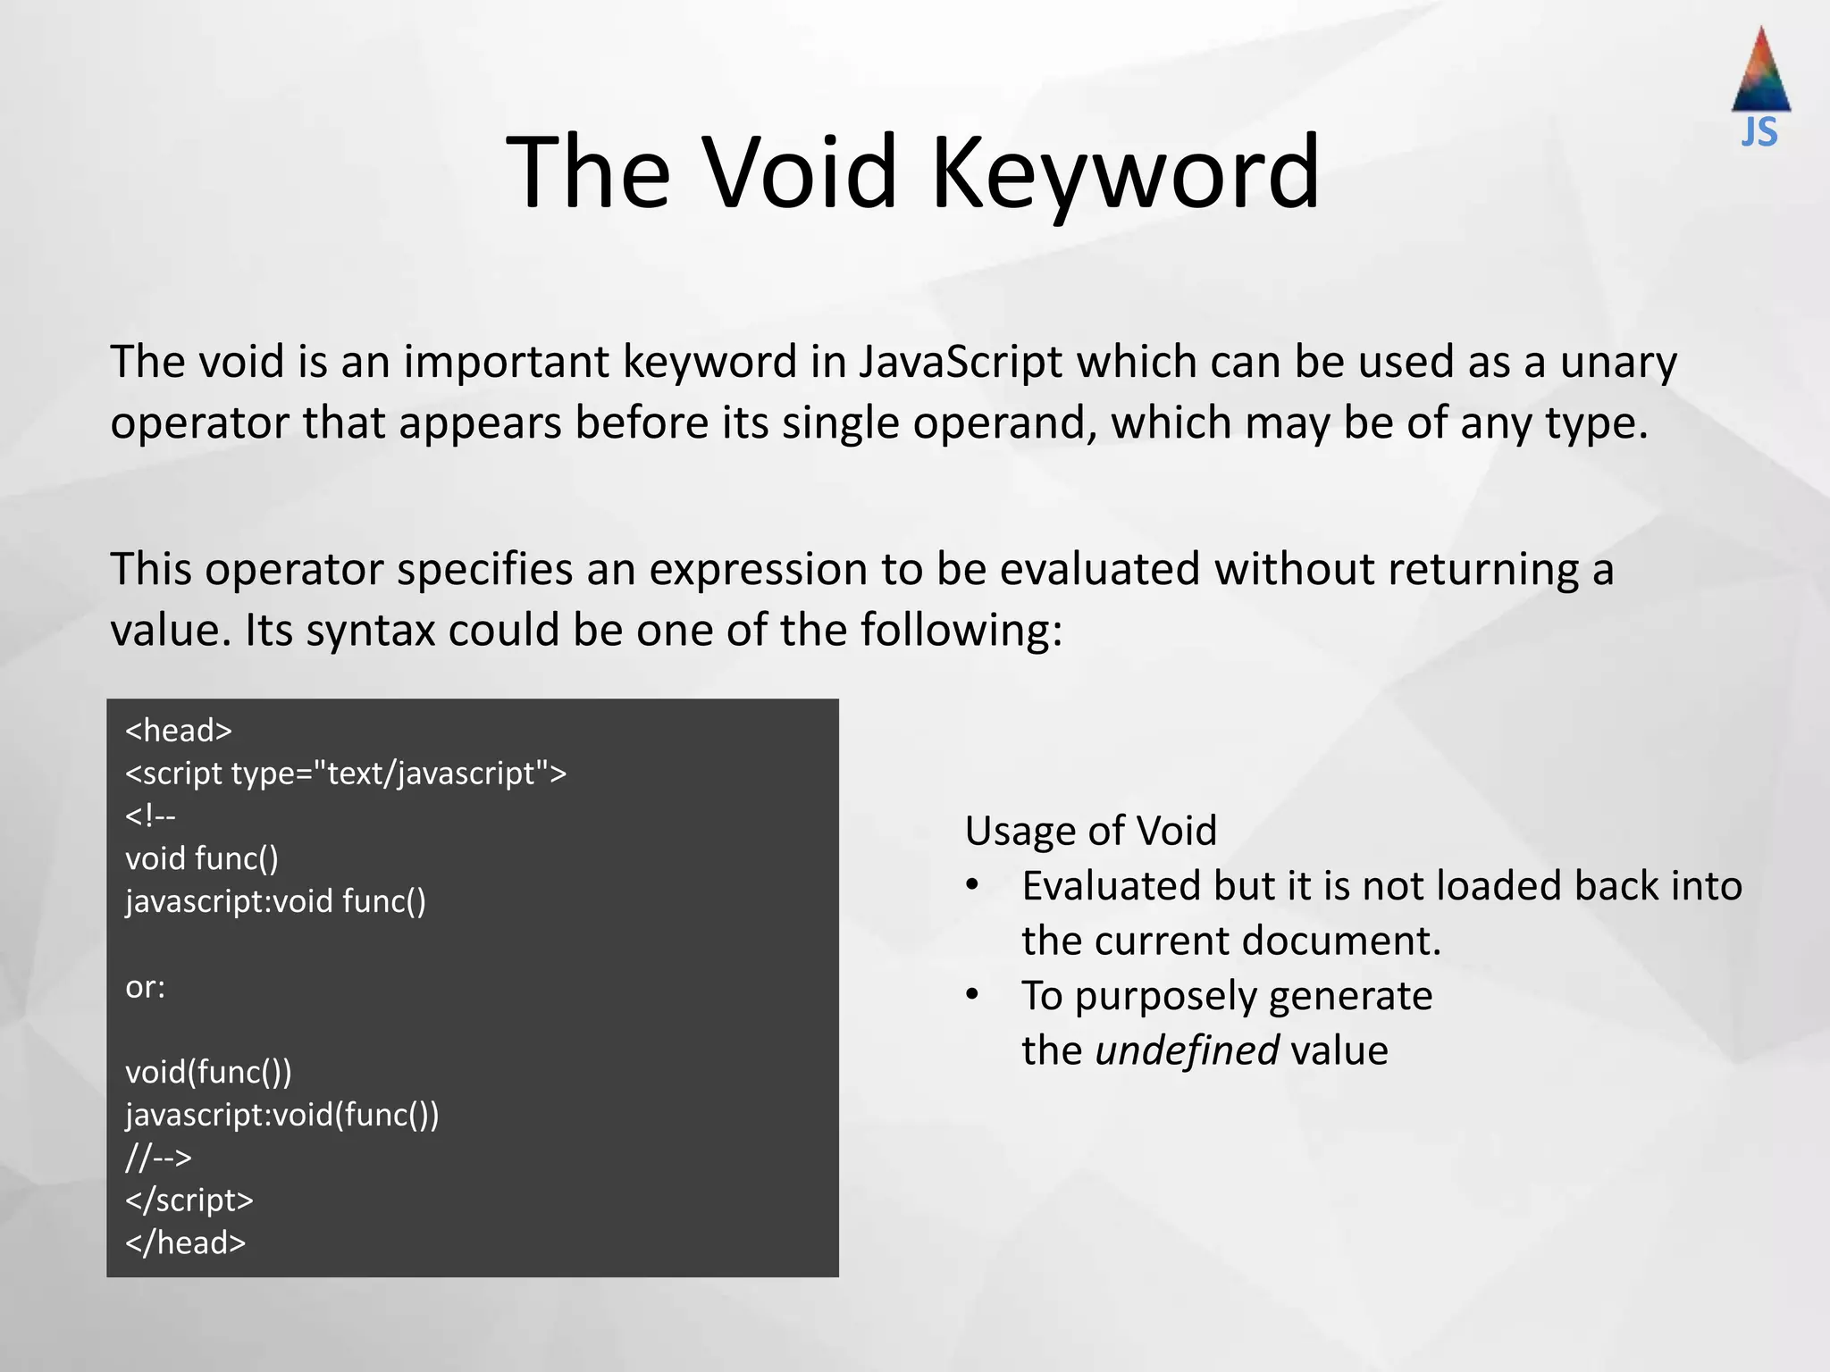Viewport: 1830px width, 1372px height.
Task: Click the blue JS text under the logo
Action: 1759,133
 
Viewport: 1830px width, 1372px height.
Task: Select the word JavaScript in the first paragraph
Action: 961,363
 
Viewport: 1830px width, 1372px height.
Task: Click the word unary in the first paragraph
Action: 1618,363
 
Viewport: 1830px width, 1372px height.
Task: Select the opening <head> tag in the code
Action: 179,731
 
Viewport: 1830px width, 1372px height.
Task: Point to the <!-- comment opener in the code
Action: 150,816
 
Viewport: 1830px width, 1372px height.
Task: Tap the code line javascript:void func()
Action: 275,900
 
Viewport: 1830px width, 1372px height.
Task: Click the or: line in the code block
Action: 146,986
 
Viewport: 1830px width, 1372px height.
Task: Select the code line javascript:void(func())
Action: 281,1114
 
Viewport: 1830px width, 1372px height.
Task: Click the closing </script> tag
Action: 189,1200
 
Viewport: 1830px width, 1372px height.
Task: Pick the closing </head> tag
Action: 185,1242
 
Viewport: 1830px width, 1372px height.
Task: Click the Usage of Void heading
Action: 1090,831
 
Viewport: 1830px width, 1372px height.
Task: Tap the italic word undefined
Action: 1187,1050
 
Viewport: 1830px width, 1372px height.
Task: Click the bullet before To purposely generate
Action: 972,995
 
